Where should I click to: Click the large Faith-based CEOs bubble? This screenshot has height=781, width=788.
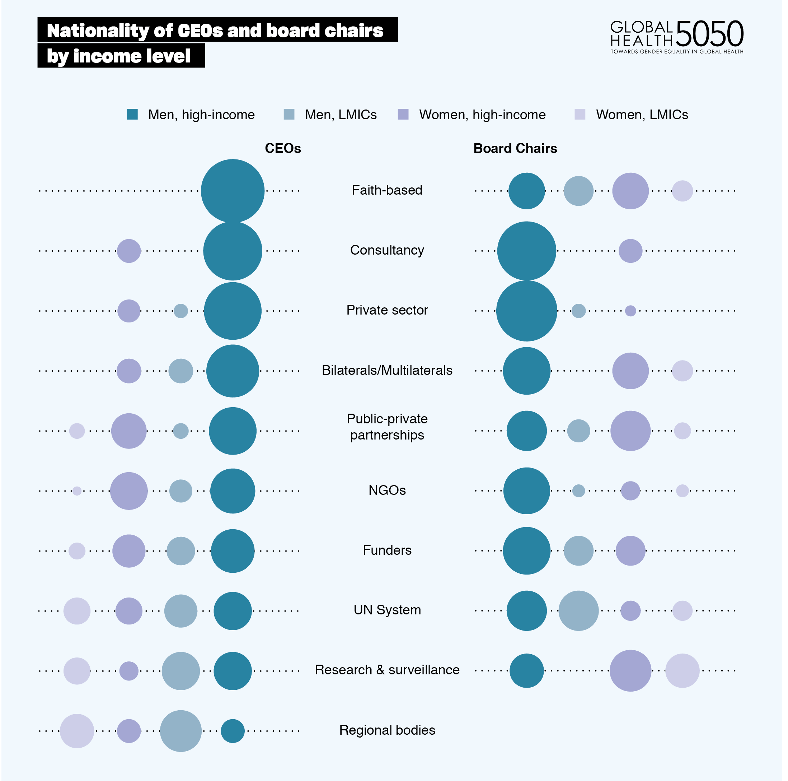(x=233, y=191)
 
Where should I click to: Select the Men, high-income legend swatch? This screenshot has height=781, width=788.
(x=132, y=114)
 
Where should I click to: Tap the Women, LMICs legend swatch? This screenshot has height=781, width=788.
(x=580, y=114)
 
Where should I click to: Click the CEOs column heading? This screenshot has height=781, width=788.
(x=283, y=148)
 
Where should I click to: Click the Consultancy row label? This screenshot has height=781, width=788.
(x=387, y=250)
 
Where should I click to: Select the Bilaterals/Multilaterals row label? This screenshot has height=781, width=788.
(x=387, y=370)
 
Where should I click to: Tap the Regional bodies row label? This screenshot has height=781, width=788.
(x=387, y=730)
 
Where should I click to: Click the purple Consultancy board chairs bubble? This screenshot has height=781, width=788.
(x=630, y=251)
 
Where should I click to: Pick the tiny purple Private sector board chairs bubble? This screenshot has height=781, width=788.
(x=630, y=311)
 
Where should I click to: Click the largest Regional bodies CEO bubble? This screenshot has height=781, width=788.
(x=181, y=731)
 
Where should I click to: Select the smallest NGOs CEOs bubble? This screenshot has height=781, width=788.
(x=77, y=491)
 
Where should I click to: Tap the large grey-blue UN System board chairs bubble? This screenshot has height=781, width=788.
(x=578, y=611)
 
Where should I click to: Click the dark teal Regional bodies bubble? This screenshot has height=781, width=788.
(x=233, y=731)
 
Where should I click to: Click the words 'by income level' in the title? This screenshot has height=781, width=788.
(x=119, y=56)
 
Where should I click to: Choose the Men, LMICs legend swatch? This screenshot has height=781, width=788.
(x=289, y=114)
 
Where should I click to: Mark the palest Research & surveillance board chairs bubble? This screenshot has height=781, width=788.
(x=682, y=671)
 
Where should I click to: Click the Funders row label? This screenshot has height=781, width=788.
(x=387, y=550)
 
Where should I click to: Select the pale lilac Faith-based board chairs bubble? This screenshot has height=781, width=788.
(x=682, y=191)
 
